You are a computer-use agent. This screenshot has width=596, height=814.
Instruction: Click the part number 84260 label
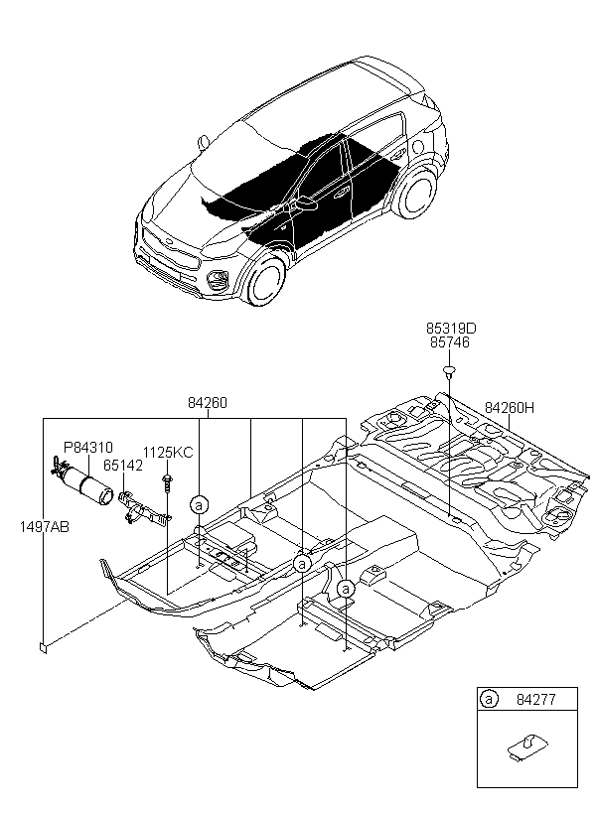tap(208, 403)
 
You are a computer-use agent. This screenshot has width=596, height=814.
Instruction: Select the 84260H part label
tap(510, 408)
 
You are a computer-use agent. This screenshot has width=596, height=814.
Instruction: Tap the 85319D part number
tap(451, 329)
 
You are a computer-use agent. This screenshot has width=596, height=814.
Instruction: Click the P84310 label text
tap(87, 447)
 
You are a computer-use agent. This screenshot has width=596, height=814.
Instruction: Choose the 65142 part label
tap(122, 466)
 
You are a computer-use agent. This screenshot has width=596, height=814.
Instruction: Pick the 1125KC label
tap(168, 453)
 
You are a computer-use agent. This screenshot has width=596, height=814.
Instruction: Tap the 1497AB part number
tap(44, 527)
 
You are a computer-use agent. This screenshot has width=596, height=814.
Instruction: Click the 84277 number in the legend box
tap(536, 699)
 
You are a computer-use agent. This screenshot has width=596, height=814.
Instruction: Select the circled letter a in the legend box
tap(489, 699)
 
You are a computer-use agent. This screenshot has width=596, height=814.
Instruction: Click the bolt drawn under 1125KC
tap(167, 480)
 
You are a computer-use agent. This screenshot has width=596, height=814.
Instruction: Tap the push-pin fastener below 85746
tap(448, 371)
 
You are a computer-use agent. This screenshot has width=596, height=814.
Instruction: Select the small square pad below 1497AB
tap(44, 648)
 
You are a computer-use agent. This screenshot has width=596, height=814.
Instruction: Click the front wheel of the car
tap(267, 280)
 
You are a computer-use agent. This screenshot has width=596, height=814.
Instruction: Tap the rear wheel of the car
tap(416, 195)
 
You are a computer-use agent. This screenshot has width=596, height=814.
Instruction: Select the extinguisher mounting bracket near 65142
tap(142, 509)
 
